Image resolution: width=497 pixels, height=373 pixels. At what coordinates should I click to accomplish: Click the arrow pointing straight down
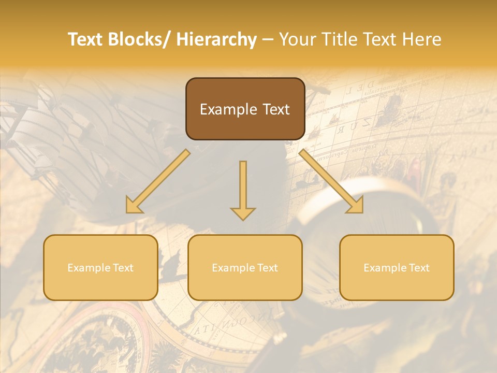click(243, 189)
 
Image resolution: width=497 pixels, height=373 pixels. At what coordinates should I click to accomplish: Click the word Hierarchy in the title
click(216, 39)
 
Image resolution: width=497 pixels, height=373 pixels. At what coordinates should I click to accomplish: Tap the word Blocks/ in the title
click(140, 39)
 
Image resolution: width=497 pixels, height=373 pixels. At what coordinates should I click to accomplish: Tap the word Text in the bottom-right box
click(418, 268)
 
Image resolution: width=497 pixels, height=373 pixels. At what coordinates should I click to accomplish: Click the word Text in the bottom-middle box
click(267, 268)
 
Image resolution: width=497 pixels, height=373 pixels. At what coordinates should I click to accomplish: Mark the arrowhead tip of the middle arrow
click(243, 219)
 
